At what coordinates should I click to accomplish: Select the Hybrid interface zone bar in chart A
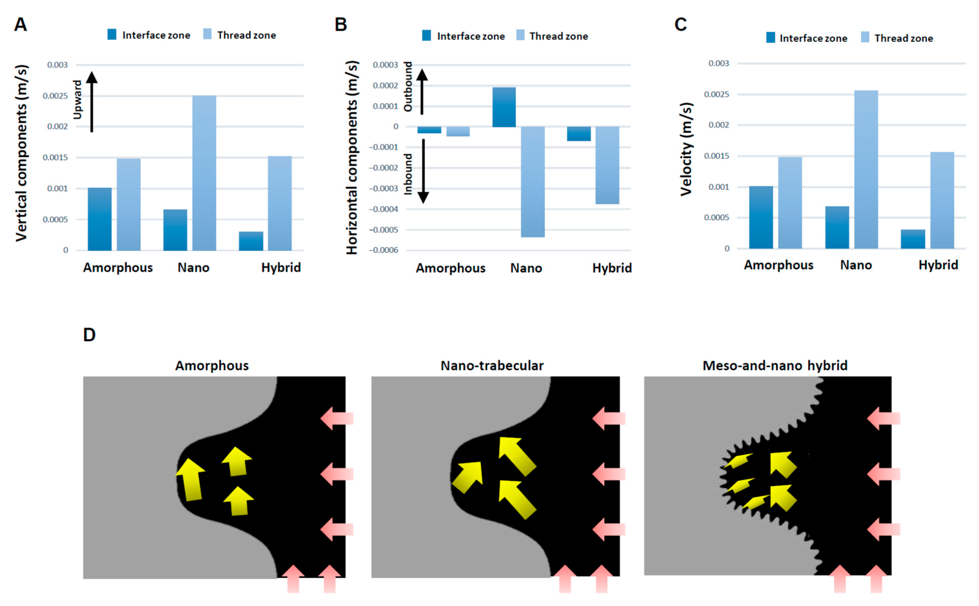pyautogui.click(x=251, y=241)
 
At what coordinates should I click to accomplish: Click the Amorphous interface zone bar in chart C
pyautogui.click(x=761, y=217)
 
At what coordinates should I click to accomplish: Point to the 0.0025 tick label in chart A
pyautogui.click(x=55, y=96)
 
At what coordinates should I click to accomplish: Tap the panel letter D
pyautogui.click(x=89, y=335)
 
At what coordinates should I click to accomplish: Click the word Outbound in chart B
pyautogui.click(x=408, y=87)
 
